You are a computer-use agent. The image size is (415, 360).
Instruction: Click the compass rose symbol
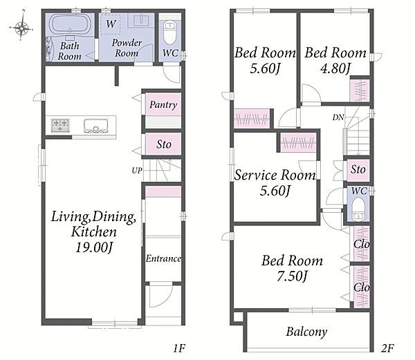[21, 26]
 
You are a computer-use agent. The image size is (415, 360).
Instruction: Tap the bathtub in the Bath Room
[70, 25]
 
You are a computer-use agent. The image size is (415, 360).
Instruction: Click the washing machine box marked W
[111, 24]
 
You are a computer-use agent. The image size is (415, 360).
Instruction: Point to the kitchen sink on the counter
[96, 126]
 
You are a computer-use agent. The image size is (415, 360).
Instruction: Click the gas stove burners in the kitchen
[60, 125]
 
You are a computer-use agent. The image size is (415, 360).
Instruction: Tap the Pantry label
[163, 105]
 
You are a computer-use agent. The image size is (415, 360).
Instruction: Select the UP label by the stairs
[137, 171]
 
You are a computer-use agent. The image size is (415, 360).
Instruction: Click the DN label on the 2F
[338, 117]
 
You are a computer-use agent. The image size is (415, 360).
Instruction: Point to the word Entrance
[163, 258]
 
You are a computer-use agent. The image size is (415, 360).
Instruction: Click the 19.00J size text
[95, 248]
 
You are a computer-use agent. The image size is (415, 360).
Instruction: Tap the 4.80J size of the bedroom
[335, 68]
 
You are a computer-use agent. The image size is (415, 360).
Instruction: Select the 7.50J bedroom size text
[292, 276]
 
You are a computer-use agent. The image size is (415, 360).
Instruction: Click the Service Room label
[275, 175]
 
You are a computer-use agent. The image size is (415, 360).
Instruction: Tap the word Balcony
[306, 332]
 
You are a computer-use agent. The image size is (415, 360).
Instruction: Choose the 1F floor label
[179, 348]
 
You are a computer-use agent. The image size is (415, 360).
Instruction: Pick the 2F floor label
[387, 348]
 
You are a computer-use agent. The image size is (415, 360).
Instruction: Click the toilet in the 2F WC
[358, 209]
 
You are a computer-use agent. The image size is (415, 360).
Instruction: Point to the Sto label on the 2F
[358, 169]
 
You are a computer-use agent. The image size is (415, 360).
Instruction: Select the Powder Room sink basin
[141, 20]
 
